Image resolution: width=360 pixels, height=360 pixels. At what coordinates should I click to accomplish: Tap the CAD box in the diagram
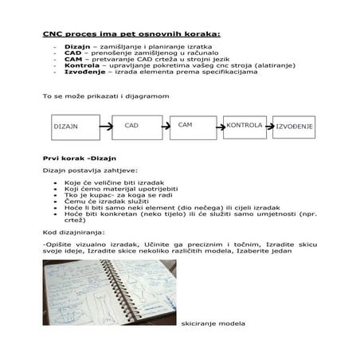(x=131, y=126)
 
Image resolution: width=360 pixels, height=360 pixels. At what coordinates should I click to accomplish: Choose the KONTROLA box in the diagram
(x=244, y=126)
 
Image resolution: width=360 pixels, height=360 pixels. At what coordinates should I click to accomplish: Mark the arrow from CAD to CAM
(x=158, y=125)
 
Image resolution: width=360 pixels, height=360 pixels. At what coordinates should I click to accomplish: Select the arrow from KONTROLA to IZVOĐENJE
(x=269, y=127)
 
